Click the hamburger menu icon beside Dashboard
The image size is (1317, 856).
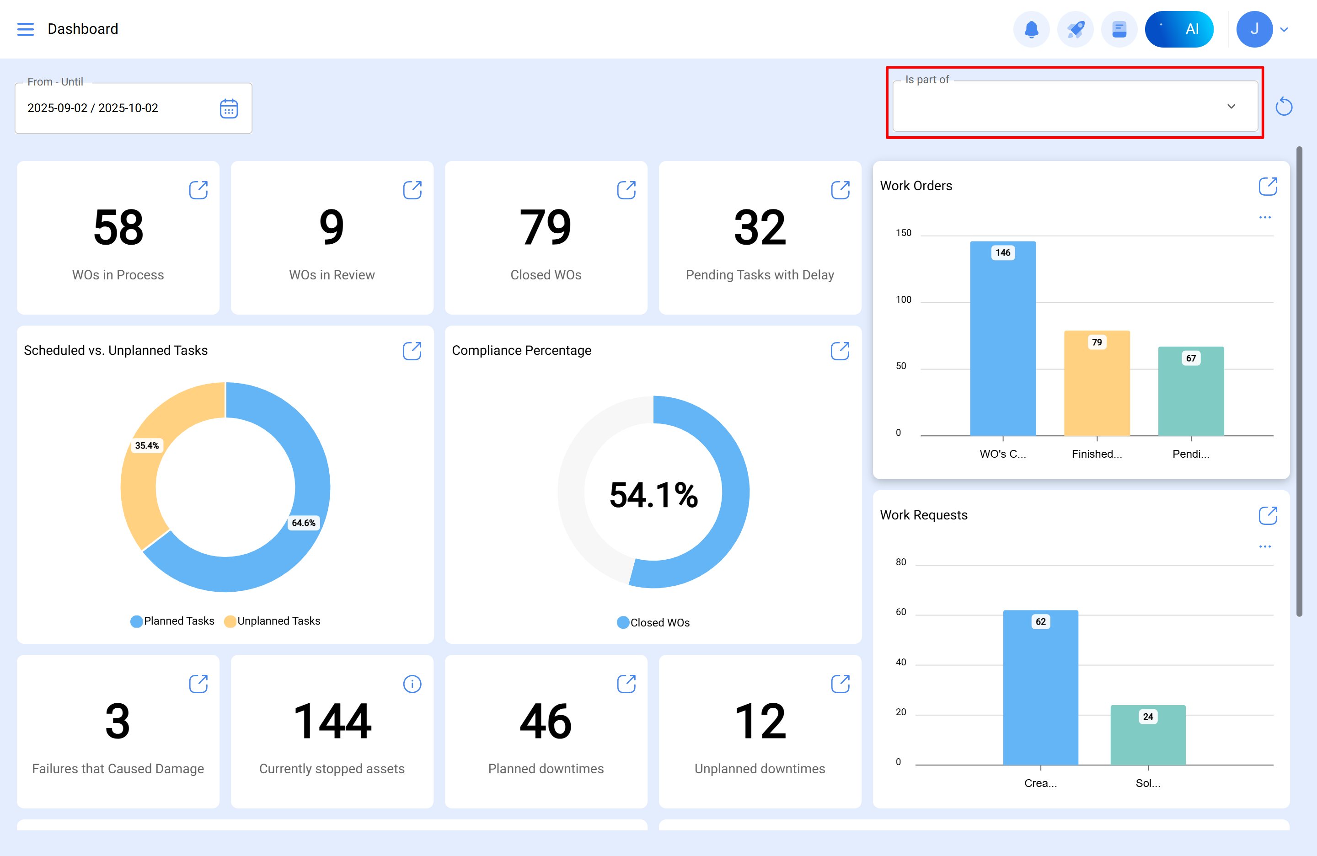tap(26, 29)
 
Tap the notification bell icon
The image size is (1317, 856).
tap(1031, 29)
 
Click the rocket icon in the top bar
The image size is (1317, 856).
tap(1075, 29)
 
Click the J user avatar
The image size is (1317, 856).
tap(1254, 29)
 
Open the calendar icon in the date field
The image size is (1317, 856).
tap(229, 108)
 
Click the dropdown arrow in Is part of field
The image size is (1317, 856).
tap(1231, 106)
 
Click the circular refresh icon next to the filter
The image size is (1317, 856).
tap(1283, 106)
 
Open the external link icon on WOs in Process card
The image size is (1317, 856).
tap(198, 190)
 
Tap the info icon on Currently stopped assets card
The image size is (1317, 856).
tap(412, 684)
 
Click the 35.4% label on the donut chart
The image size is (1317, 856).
tap(147, 445)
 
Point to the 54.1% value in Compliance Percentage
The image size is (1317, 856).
tap(653, 495)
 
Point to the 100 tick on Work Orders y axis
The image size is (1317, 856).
tap(903, 300)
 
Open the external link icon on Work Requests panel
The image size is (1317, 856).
tap(1267, 515)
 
